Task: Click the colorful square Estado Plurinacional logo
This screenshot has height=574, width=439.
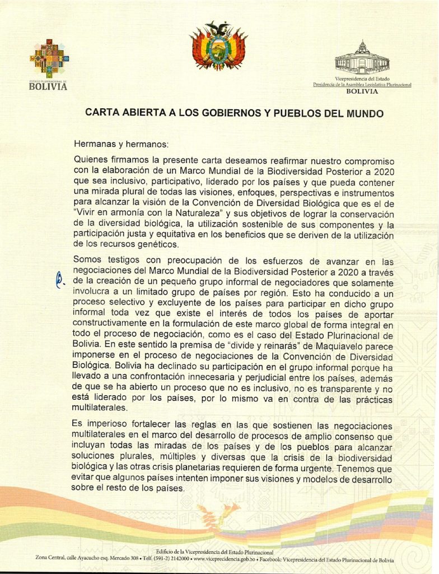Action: click(48, 58)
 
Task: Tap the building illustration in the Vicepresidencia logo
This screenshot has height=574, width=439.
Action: click(362, 59)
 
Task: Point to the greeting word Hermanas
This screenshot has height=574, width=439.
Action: click(93, 143)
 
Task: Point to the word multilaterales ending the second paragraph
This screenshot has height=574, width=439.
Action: click(100, 408)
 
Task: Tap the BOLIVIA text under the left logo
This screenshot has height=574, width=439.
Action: click(48, 87)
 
